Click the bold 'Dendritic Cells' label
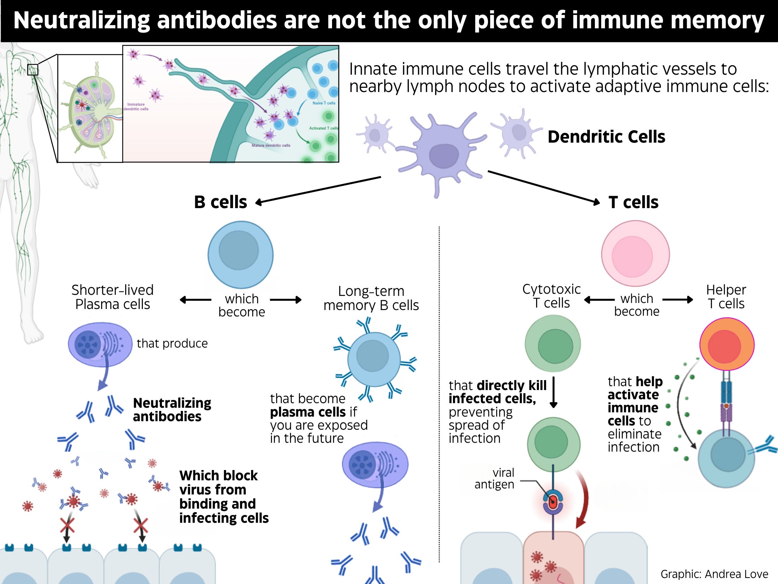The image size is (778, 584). [606, 137]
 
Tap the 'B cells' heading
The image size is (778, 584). [220, 202]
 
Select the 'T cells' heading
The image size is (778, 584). [633, 202]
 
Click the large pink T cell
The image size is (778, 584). [635, 253]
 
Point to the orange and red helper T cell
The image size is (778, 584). [727, 344]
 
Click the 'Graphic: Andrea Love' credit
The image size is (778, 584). [714, 574]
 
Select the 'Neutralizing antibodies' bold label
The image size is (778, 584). [172, 410]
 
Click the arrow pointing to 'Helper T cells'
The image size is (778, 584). [677, 300]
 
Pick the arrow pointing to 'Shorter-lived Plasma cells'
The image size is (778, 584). [196, 300]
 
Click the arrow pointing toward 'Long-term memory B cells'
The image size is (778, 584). [286, 300]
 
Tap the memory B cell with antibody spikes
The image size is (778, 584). [374, 359]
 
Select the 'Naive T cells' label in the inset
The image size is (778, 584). [324, 103]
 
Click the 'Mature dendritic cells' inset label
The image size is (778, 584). [271, 145]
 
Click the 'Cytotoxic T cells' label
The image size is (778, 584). [551, 296]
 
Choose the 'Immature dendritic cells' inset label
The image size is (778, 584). [136, 107]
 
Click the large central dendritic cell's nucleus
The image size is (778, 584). [443, 156]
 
